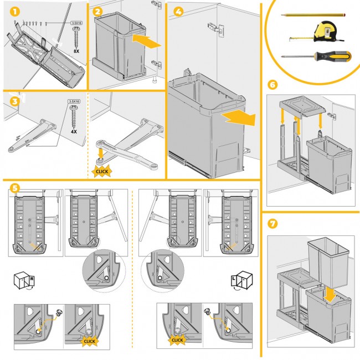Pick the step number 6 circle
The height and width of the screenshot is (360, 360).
point(272,85)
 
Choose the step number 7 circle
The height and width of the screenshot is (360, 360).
point(272,225)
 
